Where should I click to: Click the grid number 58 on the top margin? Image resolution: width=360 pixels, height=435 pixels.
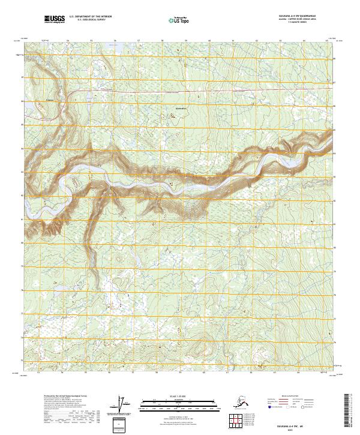(162, 41)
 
